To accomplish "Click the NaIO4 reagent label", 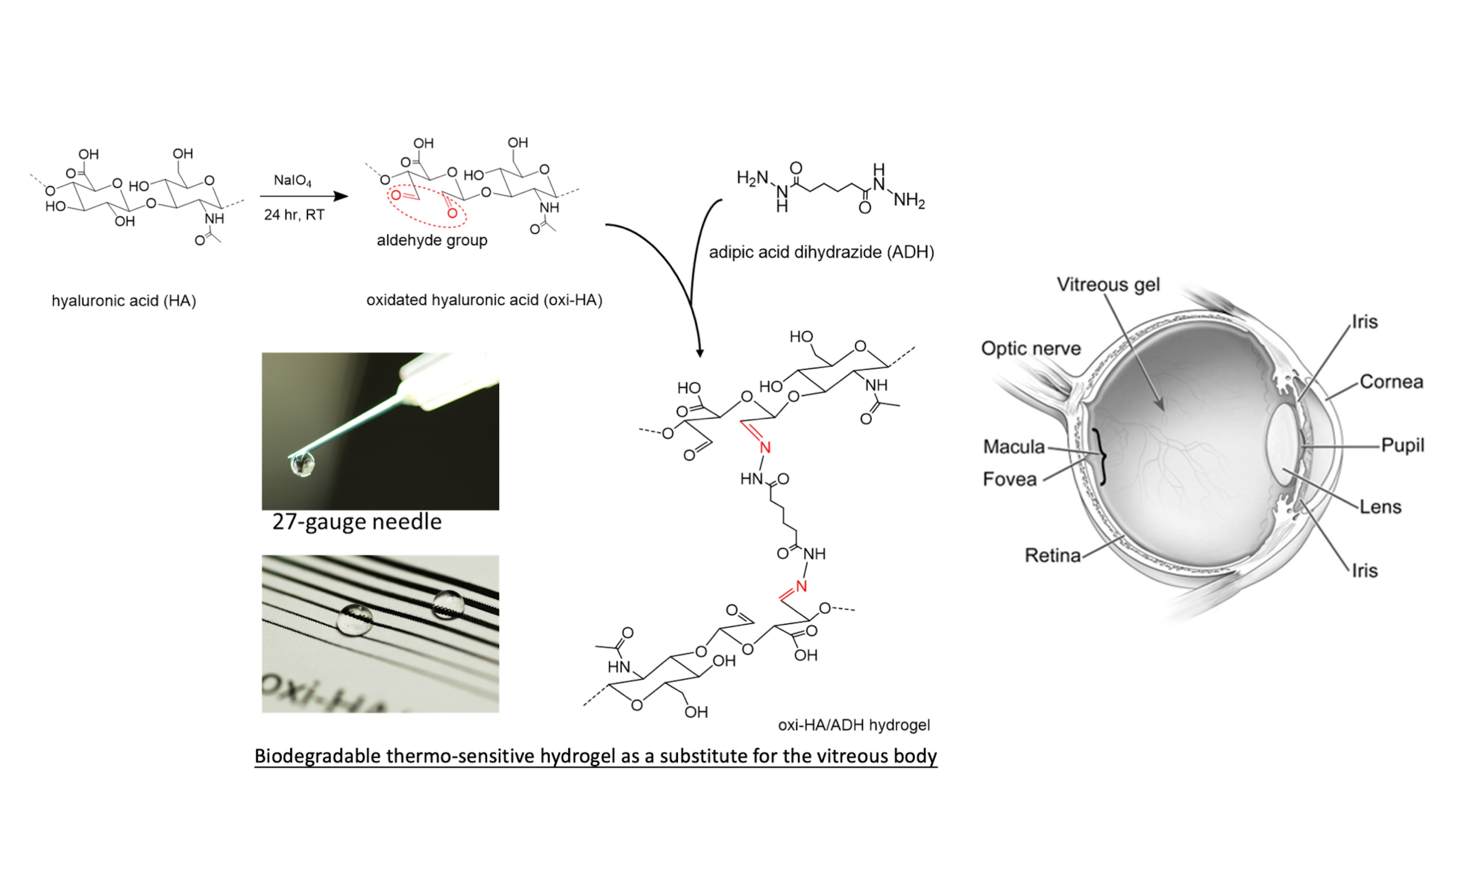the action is [292, 180].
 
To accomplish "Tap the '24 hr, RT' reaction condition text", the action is [294, 215].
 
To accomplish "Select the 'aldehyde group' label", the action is [432, 241].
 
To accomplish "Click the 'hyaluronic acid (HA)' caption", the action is [124, 301].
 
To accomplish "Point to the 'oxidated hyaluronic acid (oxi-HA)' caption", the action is [484, 300].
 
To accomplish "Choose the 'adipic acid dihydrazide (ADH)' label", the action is [821, 253].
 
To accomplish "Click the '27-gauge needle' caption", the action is [356, 522].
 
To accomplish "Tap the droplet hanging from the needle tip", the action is [303, 464].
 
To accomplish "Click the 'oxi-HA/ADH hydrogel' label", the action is [854, 725].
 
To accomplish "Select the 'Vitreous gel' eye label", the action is [1108, 285].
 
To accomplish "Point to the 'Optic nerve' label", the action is [1031, 349].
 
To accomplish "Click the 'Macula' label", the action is [1014, 447].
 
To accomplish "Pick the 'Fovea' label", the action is [1010, 479].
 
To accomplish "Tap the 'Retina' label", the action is [1052, 556].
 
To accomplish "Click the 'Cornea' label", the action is [1392, 382].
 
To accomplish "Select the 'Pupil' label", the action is [1403, 446].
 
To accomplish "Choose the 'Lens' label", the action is [1380, 508].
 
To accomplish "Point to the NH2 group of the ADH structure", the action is [909, 201].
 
